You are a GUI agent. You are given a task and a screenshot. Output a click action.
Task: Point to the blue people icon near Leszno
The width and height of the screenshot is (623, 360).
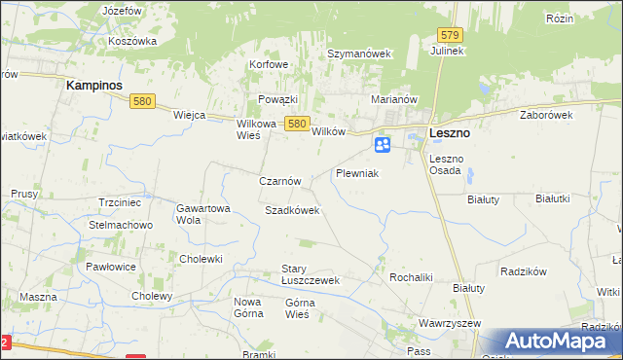(x=383, y=145)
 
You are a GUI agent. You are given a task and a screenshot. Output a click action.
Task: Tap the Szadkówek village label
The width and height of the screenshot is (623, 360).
(x=292, y=210)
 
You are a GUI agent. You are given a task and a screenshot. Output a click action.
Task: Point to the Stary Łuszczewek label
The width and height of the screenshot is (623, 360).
(x=309, y=274)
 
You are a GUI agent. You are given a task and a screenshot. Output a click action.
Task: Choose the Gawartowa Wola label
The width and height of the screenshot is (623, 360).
(x=202, y=214)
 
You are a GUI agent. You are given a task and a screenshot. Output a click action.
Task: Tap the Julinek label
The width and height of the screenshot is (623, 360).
(x=449, y=51)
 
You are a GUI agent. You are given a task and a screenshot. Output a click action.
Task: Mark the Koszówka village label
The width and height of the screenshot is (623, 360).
(x=133, y=41)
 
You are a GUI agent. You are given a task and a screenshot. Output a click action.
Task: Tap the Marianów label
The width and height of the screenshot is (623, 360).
(x=394, y=99)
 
